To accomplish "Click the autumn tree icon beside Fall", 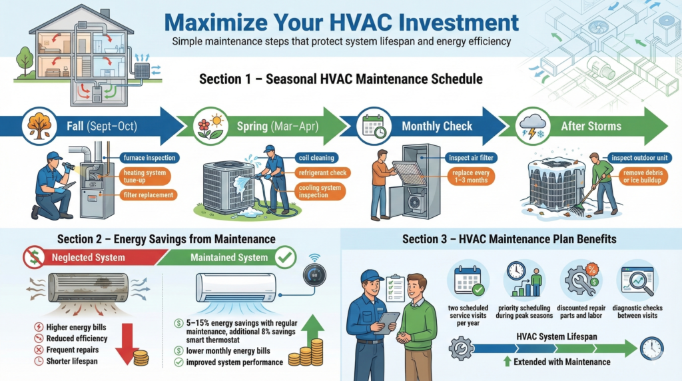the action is point(39,126).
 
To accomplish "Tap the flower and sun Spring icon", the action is point(210,126).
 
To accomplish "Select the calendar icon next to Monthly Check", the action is point(374,126).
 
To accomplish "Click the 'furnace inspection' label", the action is point(149,158).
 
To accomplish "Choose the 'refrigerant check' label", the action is point(322,173).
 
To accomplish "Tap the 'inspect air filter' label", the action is point(471,158).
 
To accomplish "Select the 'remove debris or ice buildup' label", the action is point(643,176).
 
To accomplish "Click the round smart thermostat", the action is point(314,275).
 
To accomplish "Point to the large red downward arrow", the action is point(127,343).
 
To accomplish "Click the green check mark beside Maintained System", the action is point(285,257).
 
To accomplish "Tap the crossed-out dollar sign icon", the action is point(34,257).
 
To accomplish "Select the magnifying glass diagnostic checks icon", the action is point(637,281).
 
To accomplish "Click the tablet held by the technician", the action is point(388,322).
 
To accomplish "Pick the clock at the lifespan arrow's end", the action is point(651,348).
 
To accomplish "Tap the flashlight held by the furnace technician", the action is point(69,166).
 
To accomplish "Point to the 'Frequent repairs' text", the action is point(72,350).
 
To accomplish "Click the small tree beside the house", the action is point(25,61).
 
